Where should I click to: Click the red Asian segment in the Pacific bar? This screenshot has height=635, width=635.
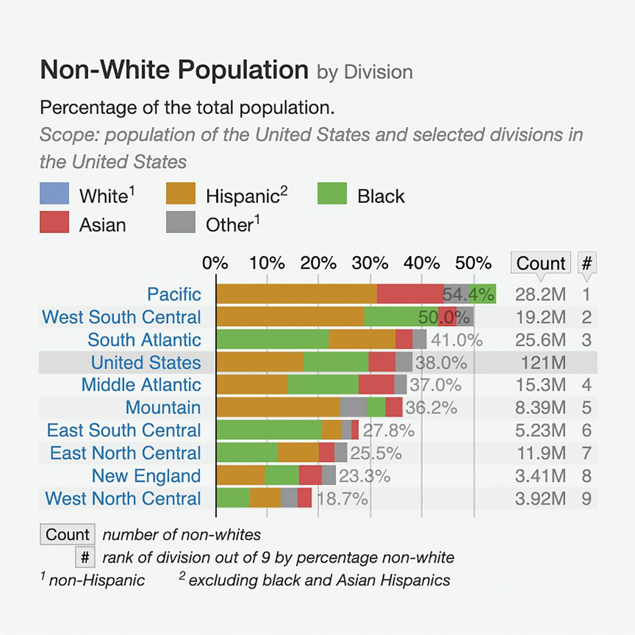(x=410, y=294)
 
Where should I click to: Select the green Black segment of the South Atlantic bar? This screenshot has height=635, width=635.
(x=273, y=339)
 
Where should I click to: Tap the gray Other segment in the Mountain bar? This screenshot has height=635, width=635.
(x=353, y=407)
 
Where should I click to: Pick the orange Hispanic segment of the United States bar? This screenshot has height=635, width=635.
(x=260, y=362)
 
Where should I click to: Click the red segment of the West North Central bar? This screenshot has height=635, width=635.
(x=304, y=498)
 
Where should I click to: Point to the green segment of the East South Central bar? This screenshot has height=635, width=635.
(x=269, y=430)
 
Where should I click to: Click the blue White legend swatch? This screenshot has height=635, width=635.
(x=54, y=194)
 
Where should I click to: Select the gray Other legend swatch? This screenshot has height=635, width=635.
(x=180, y=222)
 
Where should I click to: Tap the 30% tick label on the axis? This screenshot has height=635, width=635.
(x=370, y=263)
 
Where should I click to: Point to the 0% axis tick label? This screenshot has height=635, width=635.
(x=215, y=263)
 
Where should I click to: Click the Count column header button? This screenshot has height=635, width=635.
(x=540, y=263)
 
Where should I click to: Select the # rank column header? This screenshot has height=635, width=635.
(x=586, y=263)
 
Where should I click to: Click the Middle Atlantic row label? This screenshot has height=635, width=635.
(x=141, y=385)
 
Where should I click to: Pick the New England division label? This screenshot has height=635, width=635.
(x=146, y=476)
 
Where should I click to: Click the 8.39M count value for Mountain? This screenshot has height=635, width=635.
(x=540, y=407)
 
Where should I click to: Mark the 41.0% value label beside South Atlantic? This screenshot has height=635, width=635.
(x=456, y=340)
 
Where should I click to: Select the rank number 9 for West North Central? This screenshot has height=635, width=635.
(x=586, y=498)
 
